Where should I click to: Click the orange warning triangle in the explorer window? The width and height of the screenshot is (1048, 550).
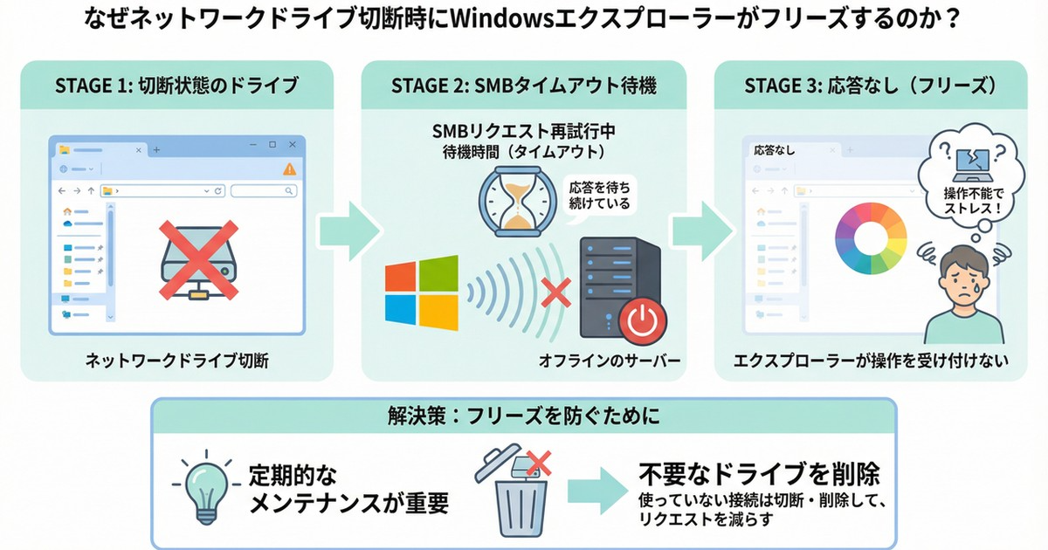click(x=288, y=168)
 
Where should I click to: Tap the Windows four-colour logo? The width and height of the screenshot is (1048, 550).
click(x=421, y=292)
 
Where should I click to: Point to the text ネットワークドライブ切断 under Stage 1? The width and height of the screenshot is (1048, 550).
click(x=176, y=361)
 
